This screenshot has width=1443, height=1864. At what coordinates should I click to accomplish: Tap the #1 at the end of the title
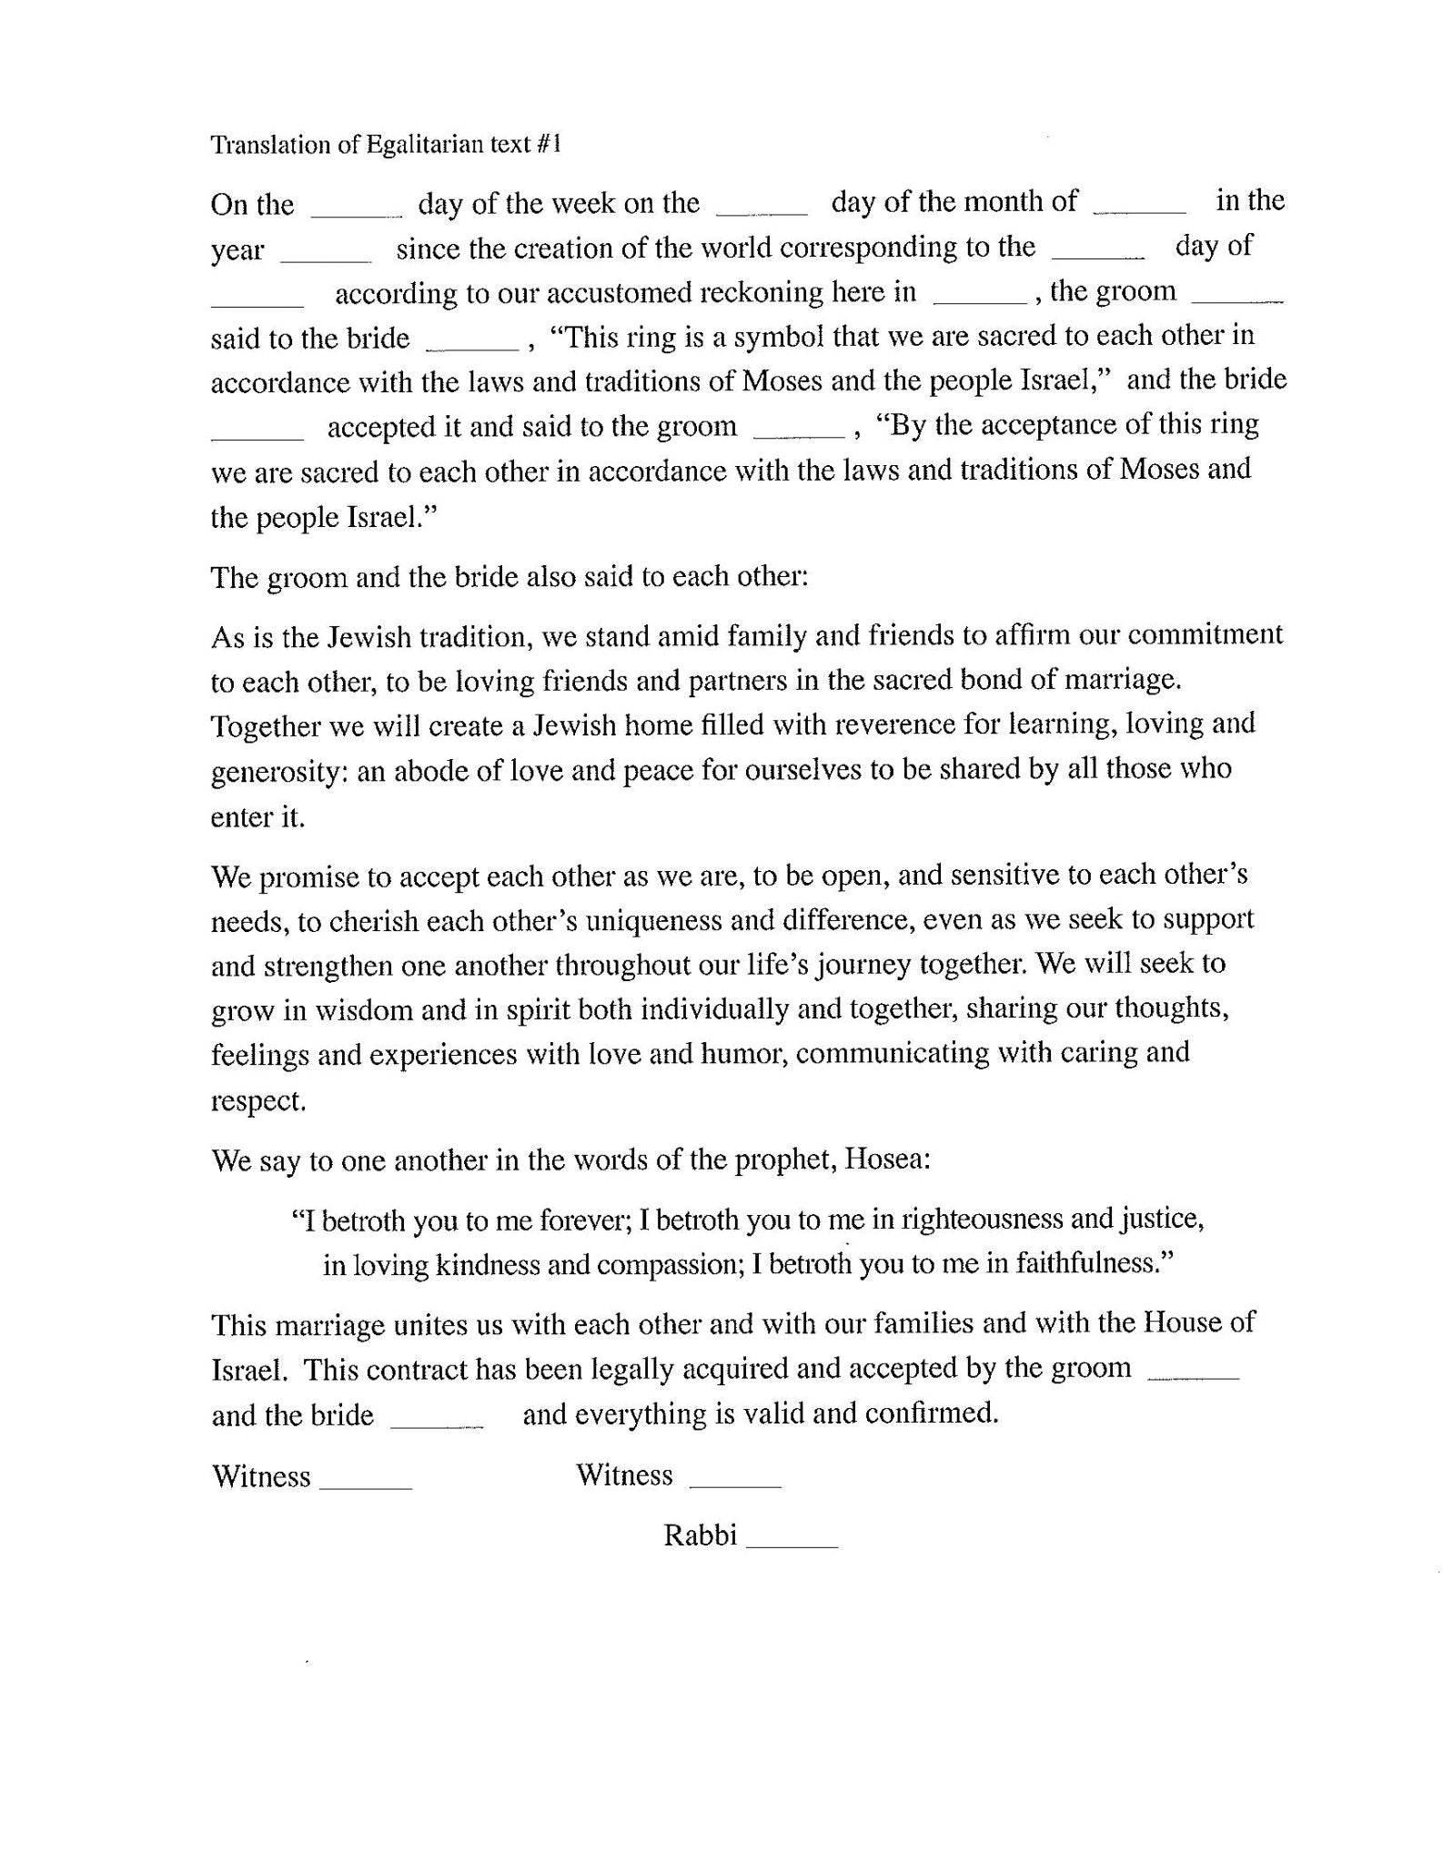[550, 145]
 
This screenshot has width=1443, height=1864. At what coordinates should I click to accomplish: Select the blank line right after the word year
[326, 258]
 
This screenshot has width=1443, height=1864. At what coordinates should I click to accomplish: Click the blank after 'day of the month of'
[1139, 209]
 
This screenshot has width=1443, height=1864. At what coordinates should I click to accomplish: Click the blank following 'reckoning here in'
[981, 299]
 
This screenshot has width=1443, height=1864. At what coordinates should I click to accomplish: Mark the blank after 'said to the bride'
[472, 346]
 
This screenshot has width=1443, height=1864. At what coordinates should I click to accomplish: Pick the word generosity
[276, 772]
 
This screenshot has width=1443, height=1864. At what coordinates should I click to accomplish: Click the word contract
[445, 1369]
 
